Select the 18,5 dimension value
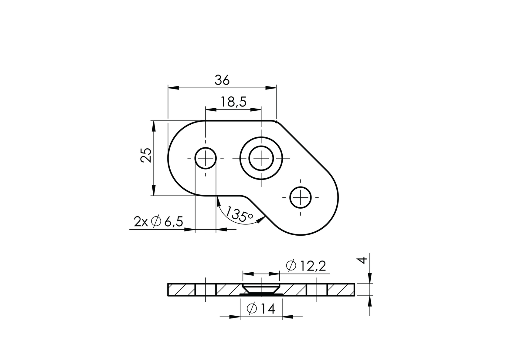pyautogui.click(x=233, y=102)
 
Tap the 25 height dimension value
pyautogui.click(x=146, y=155)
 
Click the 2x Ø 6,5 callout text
pyautogui.click(x=158, y=222)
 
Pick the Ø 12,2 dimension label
pyautogui.click(x=306, y=266)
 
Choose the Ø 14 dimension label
pyautogui.click(x=261, y=309)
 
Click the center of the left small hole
pyautogui.click(x=206, y=158)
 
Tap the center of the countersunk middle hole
pyautogui.click(x=261, y=158)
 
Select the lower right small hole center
pyautogui.click(x=301, y=197)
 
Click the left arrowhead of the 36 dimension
pyautogui.click(x=173, y=88)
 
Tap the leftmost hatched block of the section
pyautogui.click(x=181, y=290)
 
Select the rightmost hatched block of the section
pyautogui.click(x=341, y=290)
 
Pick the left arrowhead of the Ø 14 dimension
pyautogui.click(x=234, y=317)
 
